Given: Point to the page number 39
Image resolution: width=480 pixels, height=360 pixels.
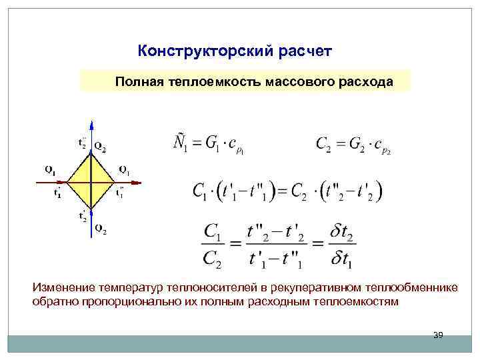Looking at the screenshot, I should point(438,335).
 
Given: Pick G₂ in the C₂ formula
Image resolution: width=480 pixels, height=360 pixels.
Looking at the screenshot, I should point(358,144).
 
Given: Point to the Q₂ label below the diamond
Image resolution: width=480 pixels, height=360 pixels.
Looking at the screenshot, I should point(100,231).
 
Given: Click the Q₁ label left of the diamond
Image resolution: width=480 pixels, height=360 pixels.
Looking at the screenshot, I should point(50,169).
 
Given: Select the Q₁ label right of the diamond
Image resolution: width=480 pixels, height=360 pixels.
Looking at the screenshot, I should point(124,169).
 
